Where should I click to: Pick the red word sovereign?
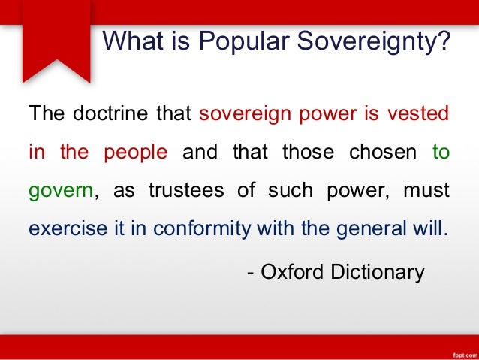click(240, 114)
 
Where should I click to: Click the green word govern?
click(60, 190)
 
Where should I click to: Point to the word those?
click(304, 152)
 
